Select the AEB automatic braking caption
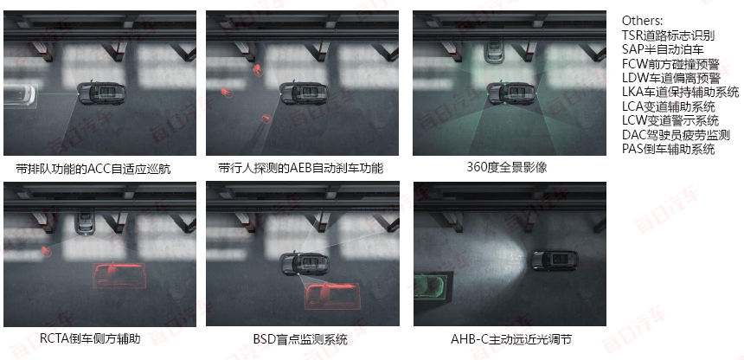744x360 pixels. (x=300, y=168)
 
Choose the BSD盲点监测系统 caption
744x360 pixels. (x=299, y=339)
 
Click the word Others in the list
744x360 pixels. (x=642, y=20)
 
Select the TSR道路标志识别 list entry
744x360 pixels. (x=668, y=35)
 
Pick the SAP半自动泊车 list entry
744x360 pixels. (x=663, y=49)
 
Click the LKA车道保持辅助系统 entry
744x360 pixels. (x=680, y=92)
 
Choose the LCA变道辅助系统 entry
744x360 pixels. (x=668, y=106)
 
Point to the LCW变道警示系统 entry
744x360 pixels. (x=670, y=120)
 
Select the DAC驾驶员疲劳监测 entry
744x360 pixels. (x=675, y=135)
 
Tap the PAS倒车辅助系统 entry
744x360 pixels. (x=668, y=149)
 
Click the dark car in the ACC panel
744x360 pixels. (x=100, y=93)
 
